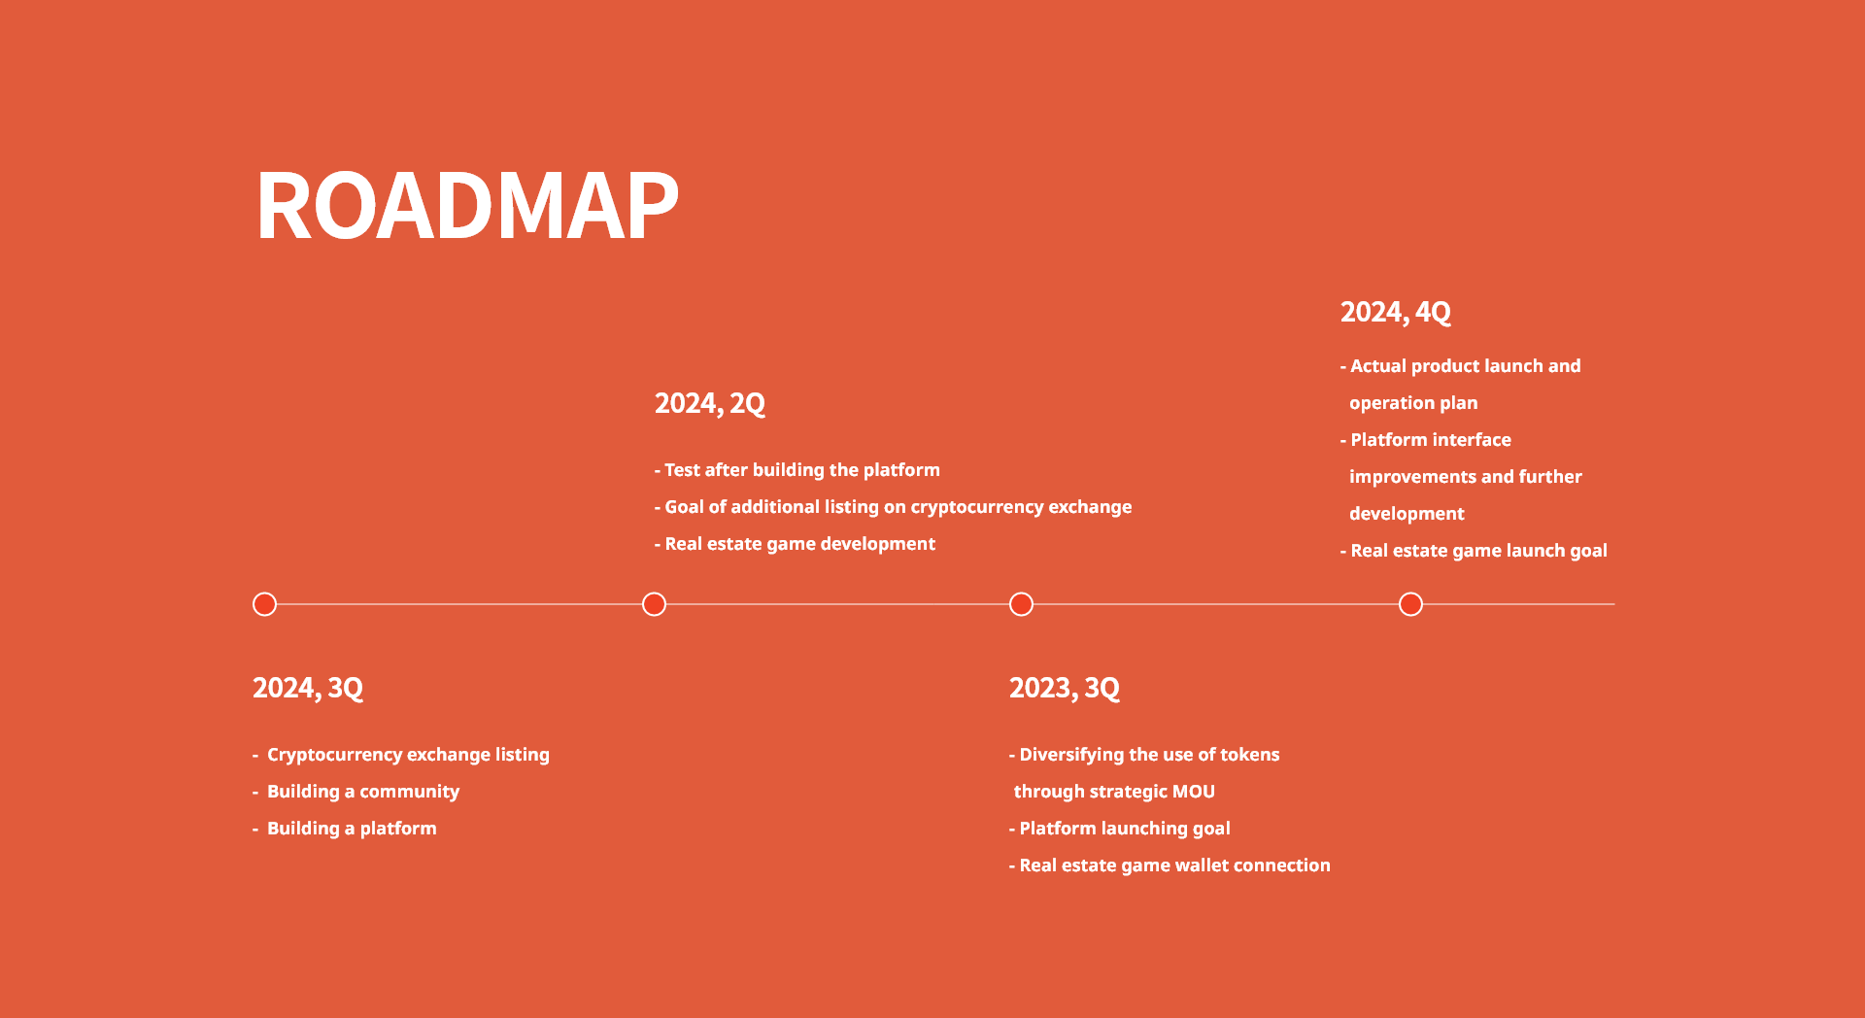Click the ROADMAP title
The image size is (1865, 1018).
coord(467,205)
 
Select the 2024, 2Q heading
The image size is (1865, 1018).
coord(710,403)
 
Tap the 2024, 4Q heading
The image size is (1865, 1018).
coord(1396,312)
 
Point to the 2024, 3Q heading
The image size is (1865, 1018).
coord(308,688)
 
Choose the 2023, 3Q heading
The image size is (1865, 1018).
coord(1065,688)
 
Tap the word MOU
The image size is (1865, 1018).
coord(1194,792)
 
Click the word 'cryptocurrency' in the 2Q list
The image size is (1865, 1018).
coord(976,507)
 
